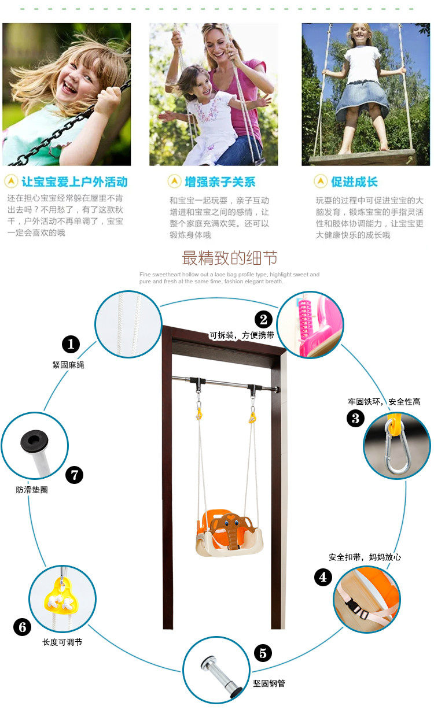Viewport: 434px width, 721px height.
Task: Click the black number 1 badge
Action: pyautogui.click(x=71, y=344)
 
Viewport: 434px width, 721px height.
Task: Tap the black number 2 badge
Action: pyautogui.click(x=263, y=319)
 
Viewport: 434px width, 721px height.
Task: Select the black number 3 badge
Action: pyautogui.click(x=355, y=419)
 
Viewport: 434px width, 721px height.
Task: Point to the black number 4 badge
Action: pyautogui.click(x=323, y=577)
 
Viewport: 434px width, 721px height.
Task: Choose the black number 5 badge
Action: pyautogui.click(x=263, y=653)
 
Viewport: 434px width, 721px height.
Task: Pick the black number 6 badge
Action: pyautogui.click(x=22, y=627)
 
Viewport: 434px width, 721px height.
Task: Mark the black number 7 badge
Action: pyautogui.click(x=75, y=475)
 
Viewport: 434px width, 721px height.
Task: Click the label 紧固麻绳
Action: pyautogui.click(x=68, y=365)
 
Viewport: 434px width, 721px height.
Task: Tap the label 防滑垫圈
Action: pyautogui.click(x=32, y=490)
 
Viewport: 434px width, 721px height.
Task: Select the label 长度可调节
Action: pyautogui.click(x=62, y=642)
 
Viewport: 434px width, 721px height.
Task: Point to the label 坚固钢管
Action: pyautogui.click(x=269, y=683)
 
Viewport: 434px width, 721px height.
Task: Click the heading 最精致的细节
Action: pyautogui.click(x=229, y=258)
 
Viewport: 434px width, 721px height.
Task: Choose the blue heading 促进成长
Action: pyautogui.click(x=354, y=182)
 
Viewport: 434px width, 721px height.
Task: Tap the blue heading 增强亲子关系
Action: pyautogui.click(x=220, y=182)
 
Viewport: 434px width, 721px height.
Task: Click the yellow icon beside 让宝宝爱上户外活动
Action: pyautogui.click(x=11, y=182)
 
